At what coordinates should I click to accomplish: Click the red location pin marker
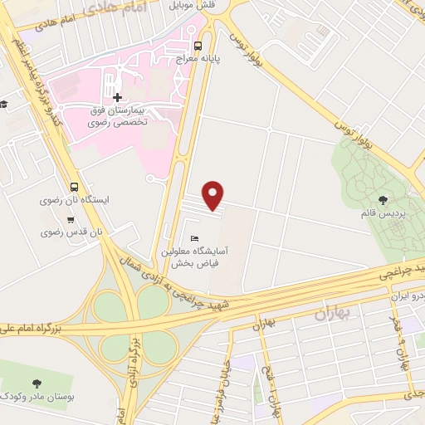click(214, 195)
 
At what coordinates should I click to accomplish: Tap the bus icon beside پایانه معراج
click(198, 46)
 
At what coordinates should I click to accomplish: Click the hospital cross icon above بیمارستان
click(117, 97)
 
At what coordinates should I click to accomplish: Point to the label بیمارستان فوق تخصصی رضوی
click(117, 115)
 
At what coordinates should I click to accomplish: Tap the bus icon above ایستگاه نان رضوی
click(75, 187)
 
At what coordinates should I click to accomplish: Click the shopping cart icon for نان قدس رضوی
click(71, 220)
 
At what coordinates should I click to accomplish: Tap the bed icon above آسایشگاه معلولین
click(193, 239)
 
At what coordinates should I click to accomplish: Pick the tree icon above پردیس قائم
click(382, 199)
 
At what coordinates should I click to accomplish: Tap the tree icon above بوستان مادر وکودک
click(37, 383)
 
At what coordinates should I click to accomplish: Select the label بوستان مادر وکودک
click(37, 397)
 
